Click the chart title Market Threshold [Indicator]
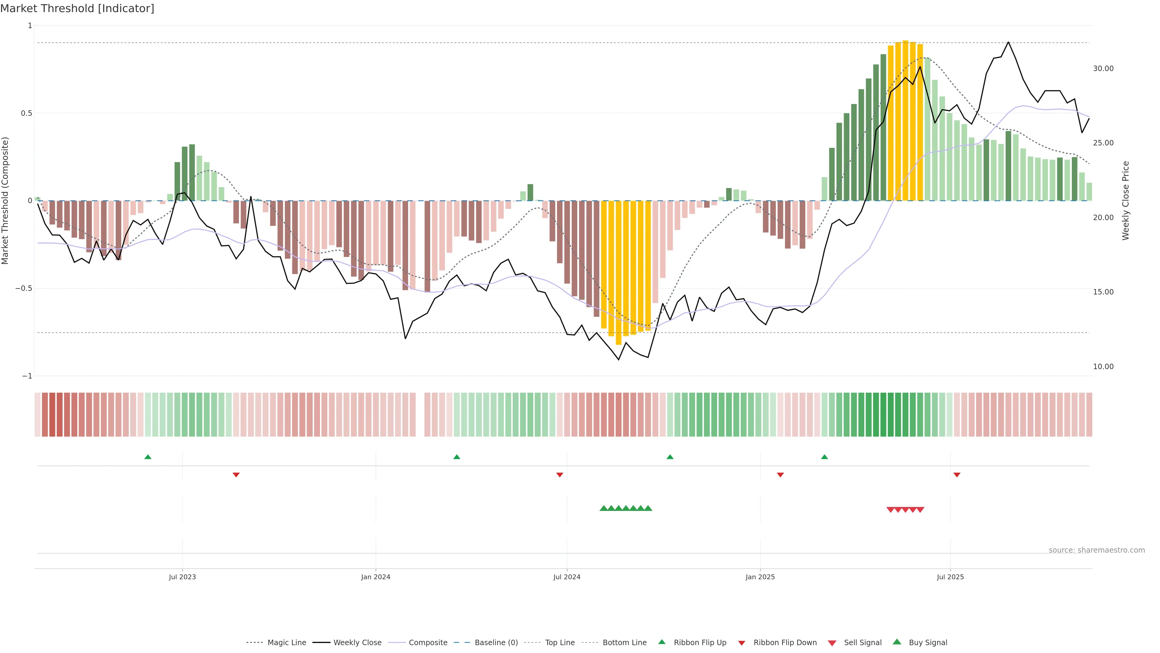[77, 8]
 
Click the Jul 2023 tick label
[182, 577]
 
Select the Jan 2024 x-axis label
[375, 577]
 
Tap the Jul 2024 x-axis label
[567, 577]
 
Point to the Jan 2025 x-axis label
[760, 577]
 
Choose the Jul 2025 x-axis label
[950, 577]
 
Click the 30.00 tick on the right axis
[1103, 69]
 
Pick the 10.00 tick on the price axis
[1103, 366]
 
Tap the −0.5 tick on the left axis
[24, 288]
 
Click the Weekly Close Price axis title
[1126, 200]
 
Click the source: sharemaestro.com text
[1097, 550]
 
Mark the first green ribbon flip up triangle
[148, 457]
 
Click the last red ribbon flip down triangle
[957, 475]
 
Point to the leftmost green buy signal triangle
[604, 508]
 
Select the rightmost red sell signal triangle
[920, 510]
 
